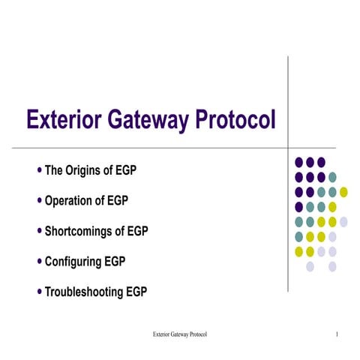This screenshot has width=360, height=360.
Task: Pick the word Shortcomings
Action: point(82,232)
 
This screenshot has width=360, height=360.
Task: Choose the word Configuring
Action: point(74,262)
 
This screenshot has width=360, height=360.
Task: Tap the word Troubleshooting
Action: point(85,292)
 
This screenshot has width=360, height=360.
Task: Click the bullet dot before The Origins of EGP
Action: point(40,170)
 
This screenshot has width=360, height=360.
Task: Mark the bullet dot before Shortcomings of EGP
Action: point(40,231)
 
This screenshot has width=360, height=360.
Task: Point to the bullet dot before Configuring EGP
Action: point(40,261)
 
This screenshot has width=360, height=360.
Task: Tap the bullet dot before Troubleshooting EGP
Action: point(40,291)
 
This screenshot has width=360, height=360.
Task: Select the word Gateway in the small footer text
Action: point(177,333)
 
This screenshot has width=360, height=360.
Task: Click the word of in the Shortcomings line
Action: point(127,232)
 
